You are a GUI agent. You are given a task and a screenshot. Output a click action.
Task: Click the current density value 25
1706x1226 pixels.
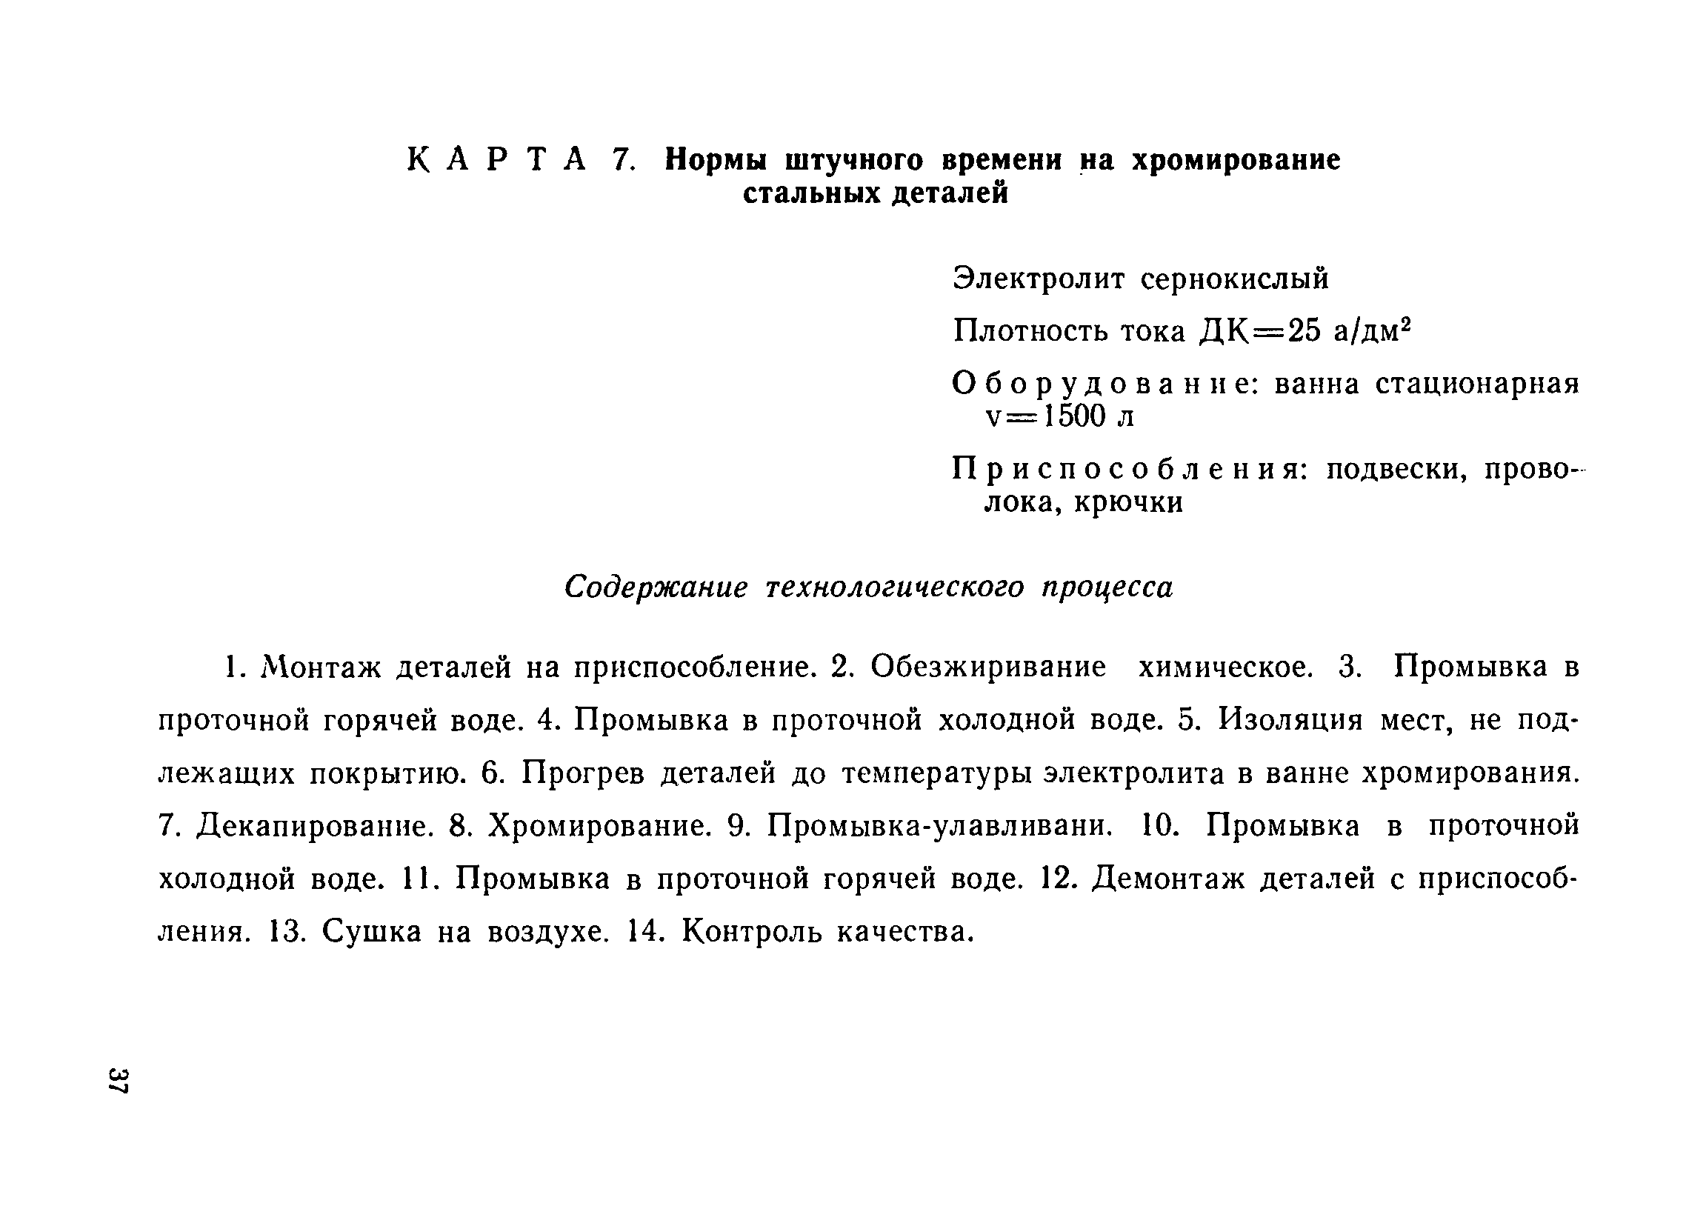[1304, 331]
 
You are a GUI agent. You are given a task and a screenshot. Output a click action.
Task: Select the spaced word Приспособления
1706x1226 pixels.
[1129, 470]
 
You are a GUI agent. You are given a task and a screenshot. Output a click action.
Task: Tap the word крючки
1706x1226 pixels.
[1128, 502]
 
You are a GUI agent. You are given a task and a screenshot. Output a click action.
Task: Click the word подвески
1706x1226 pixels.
[1396, 470]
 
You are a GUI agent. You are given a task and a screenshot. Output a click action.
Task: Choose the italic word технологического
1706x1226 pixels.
[895, 587]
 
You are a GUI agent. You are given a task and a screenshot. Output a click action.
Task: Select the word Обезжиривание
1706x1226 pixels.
[988, 667]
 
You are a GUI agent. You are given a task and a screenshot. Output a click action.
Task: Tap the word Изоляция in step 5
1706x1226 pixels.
[1290, 720]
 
